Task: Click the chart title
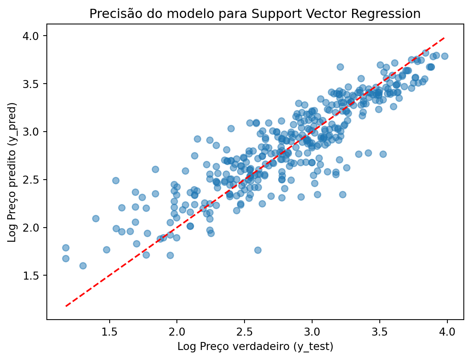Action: pos(255,14)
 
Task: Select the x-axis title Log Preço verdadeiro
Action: pos(255,347)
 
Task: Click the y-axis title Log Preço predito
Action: pos(12,172)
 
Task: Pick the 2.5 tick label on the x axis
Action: pos(244,332)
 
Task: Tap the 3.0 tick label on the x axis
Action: pos(312,332)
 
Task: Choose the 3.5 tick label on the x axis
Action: pos(379,332)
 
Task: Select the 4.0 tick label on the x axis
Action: pos(447,332)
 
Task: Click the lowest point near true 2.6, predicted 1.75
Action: pos(258,250)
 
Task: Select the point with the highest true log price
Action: pos(445,56)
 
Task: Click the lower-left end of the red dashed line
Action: pos(66,306)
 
